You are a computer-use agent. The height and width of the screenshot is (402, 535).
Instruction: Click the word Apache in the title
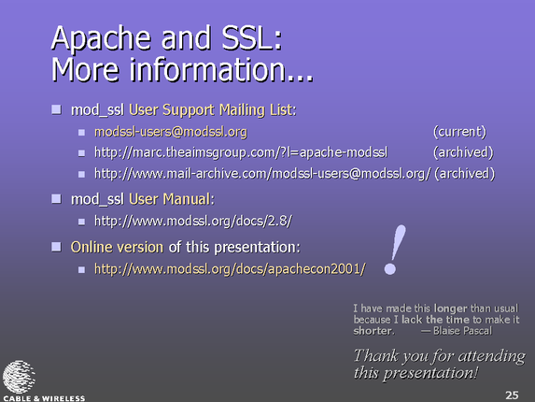point(102,39)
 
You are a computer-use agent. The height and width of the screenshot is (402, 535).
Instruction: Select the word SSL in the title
point(252,37)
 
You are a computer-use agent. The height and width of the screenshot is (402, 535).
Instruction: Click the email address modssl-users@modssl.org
point(171,132)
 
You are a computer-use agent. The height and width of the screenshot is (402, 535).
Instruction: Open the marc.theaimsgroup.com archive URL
point(241,152)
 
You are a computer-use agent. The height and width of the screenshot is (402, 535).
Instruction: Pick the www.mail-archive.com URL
point(262,174)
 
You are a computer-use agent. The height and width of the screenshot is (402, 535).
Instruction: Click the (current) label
point(459,132)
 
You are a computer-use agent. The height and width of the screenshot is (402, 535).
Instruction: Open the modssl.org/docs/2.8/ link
point(193,222)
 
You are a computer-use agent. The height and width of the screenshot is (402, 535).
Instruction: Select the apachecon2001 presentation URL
point(230,269)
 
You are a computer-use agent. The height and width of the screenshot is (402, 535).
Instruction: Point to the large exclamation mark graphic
point(396,249)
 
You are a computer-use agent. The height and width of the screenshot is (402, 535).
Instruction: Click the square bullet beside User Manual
point(56,199)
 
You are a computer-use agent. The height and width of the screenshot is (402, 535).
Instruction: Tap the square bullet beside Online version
point(56,247)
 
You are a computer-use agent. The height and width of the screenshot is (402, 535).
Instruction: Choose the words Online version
point(117,248)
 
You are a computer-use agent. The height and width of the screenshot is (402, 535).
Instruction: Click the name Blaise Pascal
point(463,331)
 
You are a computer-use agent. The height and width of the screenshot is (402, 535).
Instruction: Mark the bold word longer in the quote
point(450,309)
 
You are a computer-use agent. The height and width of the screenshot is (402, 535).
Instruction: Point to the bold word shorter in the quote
point(373,331)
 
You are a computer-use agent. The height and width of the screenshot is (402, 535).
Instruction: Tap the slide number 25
point(512,395)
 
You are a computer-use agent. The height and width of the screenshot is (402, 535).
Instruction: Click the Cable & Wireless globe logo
point(19,377)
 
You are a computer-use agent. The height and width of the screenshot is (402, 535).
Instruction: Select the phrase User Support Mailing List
point(213,110)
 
